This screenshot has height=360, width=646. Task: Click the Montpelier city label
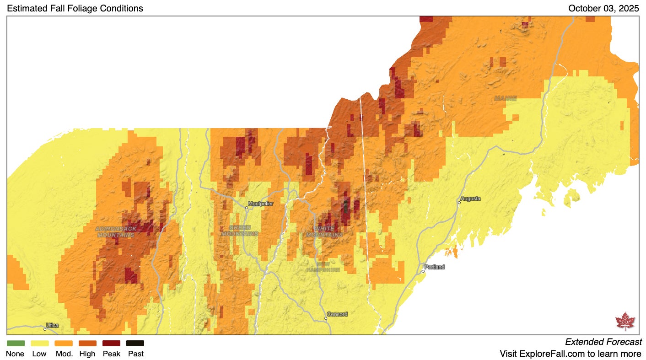260,204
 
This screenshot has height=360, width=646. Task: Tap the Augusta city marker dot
459,202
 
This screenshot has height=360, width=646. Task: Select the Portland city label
434,267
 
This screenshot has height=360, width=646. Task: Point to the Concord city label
337,314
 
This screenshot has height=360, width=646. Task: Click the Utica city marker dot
45,329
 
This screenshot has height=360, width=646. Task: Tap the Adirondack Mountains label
116,231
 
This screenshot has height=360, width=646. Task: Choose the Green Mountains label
240,231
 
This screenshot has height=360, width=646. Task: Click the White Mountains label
324,231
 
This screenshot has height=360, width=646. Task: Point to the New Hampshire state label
323,267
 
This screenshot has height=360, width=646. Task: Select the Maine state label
505,98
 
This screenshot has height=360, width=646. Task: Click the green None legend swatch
16,343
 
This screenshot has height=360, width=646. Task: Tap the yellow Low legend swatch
39,343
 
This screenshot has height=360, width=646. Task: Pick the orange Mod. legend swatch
64,343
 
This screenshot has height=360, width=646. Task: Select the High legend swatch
87,343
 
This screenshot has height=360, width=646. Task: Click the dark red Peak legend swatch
111,343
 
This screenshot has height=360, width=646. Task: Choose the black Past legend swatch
135,343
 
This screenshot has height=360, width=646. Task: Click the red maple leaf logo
625,321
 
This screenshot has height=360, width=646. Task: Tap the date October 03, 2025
603,8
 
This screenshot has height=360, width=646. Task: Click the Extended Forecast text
603,342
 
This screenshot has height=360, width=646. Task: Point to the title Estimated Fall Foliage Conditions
75,8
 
